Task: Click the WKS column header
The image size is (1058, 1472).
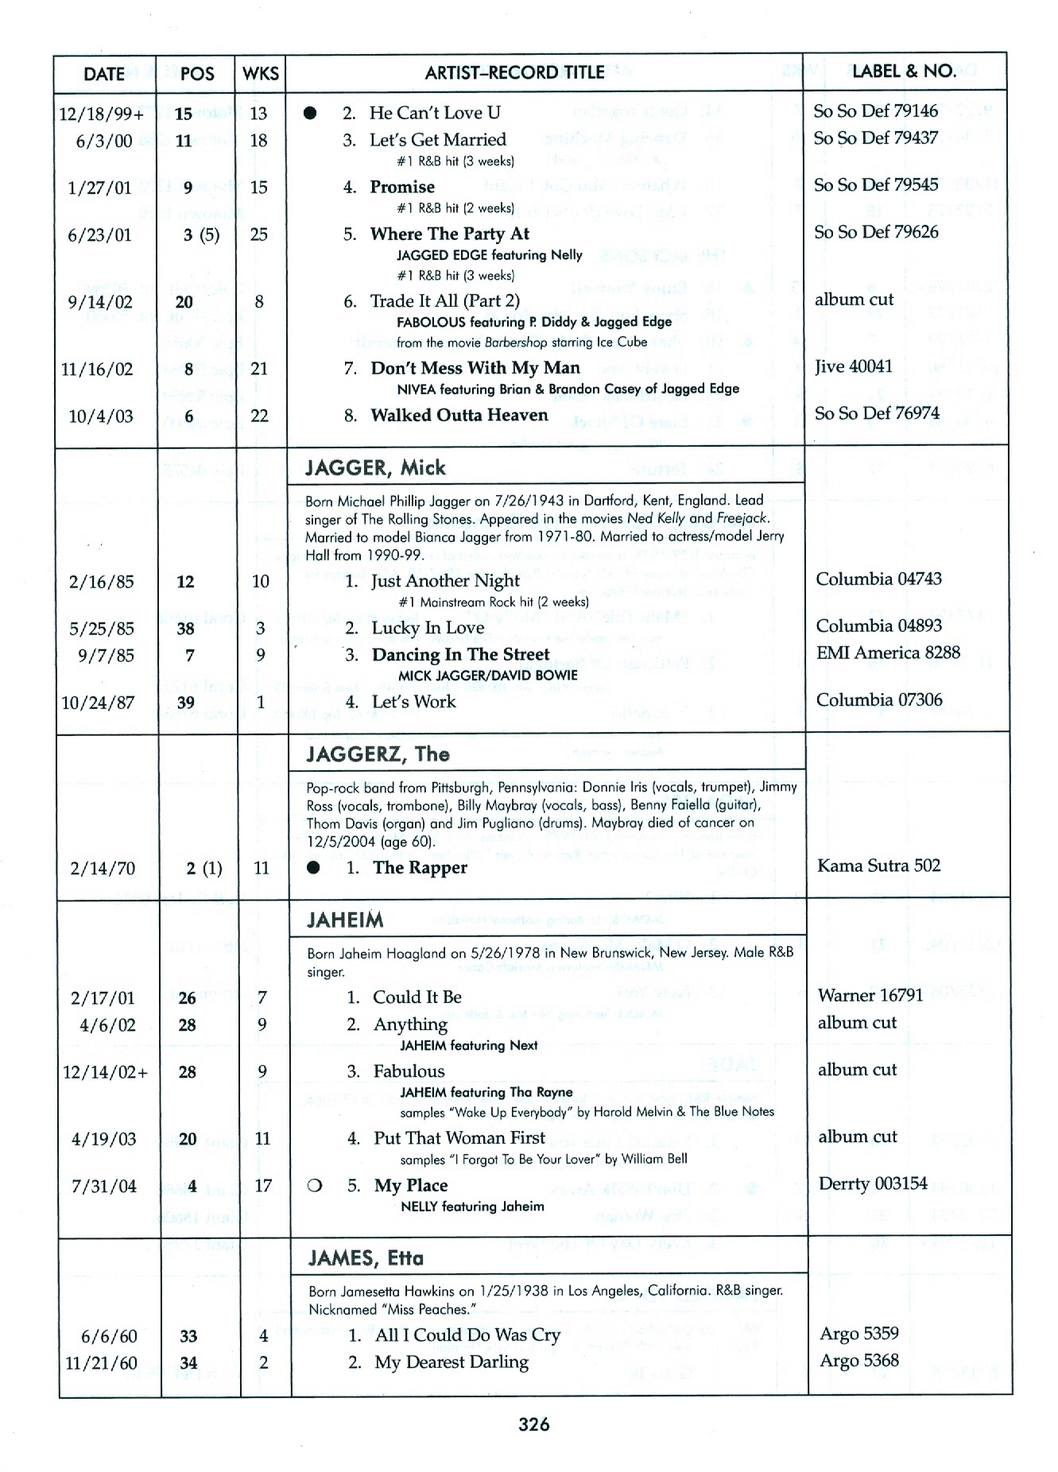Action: click(261, 74)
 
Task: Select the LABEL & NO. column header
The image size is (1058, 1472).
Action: click(904, 72)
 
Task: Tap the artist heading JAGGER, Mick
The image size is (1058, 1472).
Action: click(376, 467)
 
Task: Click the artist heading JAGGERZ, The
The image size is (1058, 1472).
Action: click(378, 754)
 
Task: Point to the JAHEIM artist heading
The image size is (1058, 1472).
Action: click(346, 920)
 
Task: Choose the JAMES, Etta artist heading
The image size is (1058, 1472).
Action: click(366, 1258)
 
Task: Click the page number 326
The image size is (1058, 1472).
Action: click(533, 1424)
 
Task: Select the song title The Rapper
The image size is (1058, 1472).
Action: click(420, 868)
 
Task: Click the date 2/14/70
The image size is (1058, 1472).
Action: click(103, 868)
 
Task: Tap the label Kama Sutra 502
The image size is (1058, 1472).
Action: click(878, 866)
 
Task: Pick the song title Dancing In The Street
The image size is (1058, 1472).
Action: click(460, 655)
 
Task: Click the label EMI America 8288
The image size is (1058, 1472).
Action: click(888, 653)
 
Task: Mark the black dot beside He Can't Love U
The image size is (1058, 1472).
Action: click(311, 114)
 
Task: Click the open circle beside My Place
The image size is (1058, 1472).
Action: click(314, 1187)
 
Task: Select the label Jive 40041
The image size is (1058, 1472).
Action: click(853, 366)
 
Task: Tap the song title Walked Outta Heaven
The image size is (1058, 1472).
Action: click(459, 416)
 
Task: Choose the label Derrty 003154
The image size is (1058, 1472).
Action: click(873, 1183)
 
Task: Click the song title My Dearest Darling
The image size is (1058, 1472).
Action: click(451, 1362)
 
